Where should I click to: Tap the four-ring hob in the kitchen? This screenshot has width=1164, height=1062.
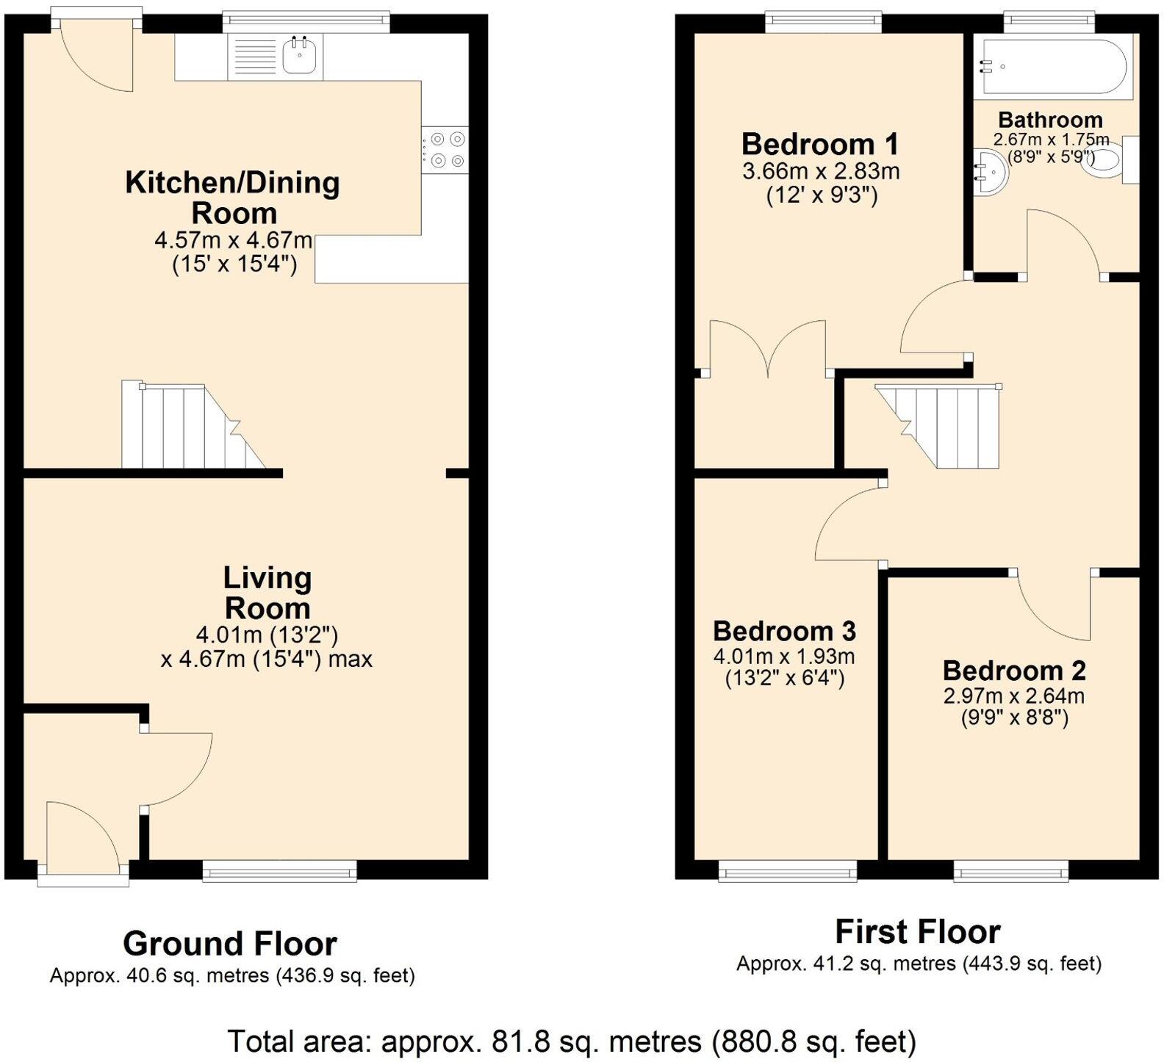[x=445, y=149]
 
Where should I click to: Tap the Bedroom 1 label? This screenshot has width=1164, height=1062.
[x=819, y=145]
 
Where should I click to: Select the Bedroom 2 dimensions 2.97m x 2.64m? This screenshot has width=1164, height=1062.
[x=1014, y=696]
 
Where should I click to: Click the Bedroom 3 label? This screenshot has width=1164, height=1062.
[x=784, y=631]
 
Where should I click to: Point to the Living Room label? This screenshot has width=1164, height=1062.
[x=267, y=593]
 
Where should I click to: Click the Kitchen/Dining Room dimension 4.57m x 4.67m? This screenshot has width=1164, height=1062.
[x=234, y=241]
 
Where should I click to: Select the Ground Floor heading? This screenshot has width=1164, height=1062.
[x=230, y=943]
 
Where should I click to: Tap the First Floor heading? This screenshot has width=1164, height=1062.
[x=918, y=932]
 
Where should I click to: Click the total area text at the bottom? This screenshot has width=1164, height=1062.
[x=572, y=1041]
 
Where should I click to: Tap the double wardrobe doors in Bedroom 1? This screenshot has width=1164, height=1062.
[x=768, y=347]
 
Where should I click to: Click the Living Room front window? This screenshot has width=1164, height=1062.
[x=279, y=872]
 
